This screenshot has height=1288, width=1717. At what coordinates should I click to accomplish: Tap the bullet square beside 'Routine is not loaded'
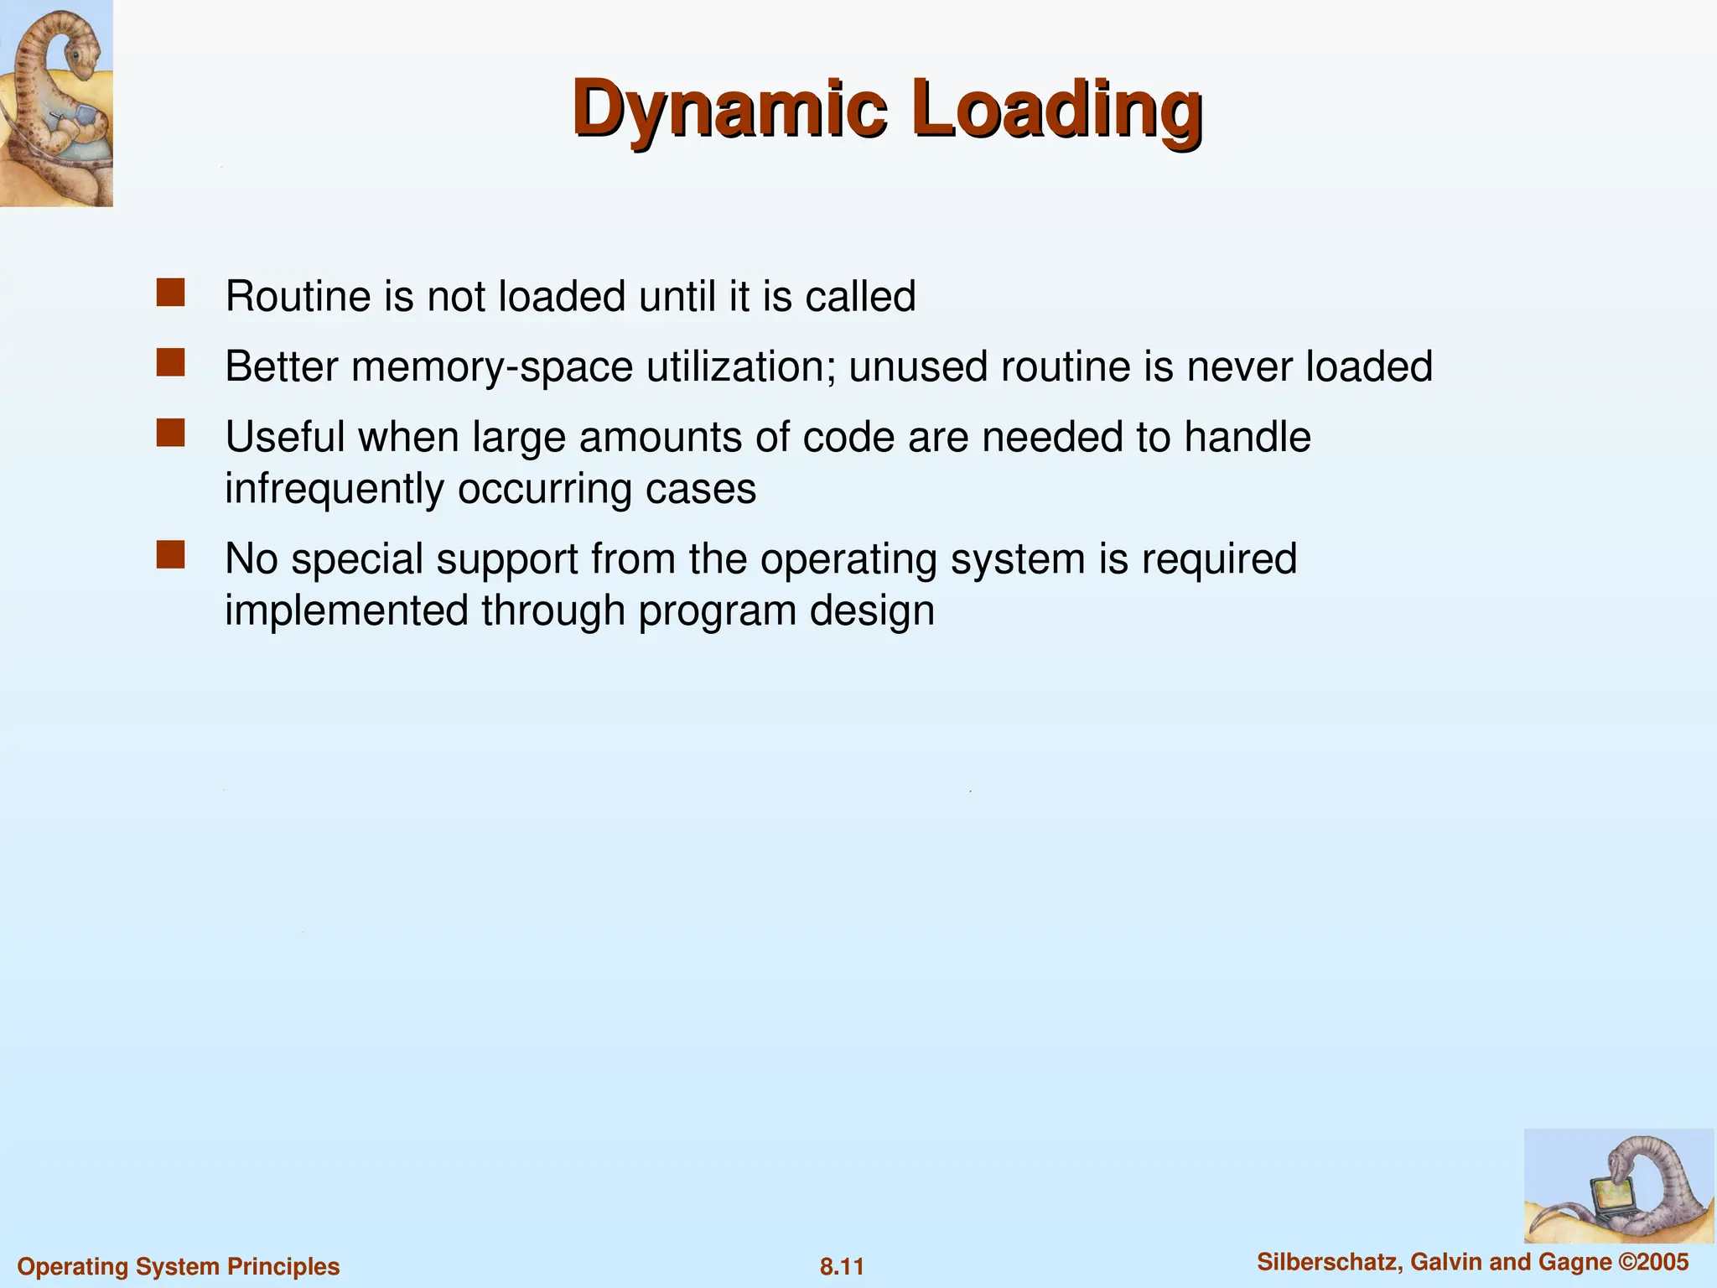tap(170, 293)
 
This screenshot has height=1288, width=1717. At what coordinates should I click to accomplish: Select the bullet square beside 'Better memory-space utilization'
tap(170, 363)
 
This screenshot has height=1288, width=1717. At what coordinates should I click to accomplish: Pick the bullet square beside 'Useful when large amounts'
tap(170, 434)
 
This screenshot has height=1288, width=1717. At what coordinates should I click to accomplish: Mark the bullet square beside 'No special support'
tap(170, 555)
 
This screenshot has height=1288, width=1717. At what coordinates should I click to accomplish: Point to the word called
tap(860, 297)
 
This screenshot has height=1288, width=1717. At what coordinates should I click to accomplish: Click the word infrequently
tap(335, 489)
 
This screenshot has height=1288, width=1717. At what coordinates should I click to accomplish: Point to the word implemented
tap(346, 610)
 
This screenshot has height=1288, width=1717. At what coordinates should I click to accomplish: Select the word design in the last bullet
tap(872, 610)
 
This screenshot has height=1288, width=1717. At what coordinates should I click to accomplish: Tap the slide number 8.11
tap(842, 1266)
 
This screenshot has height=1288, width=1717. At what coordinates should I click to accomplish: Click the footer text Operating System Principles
tap(179, 1266)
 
